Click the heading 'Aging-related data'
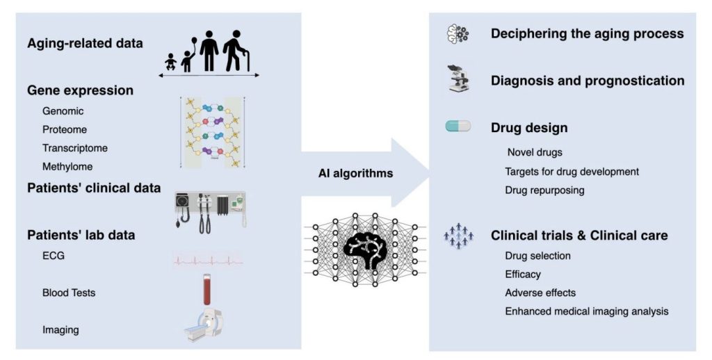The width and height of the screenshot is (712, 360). (85, 43)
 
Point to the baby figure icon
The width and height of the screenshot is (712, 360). (171, 62)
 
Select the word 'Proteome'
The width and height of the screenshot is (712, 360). (65, 129)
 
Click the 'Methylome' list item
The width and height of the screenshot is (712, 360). (67, 167)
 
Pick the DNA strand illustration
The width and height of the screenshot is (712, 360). (213, 132)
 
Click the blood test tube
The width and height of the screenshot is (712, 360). (207, 289)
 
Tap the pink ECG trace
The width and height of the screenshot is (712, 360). (208, 261)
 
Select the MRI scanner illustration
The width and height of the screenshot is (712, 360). (204, 325)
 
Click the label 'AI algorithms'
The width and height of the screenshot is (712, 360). (355, 173)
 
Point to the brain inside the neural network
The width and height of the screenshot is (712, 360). (364, 249)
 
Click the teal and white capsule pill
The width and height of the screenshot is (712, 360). (458, 126)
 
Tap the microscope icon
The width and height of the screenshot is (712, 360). (458, 78)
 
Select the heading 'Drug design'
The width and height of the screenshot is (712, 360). (529, 128)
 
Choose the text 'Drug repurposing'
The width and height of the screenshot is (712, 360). (544, 190)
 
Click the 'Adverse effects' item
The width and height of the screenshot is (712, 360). (540, 293)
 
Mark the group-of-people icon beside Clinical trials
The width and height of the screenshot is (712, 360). (459, 236)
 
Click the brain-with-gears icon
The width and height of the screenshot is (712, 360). (458, 34)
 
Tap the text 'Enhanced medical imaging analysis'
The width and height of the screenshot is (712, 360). (587, 311)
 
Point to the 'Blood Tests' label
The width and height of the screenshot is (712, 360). (69, 293)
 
